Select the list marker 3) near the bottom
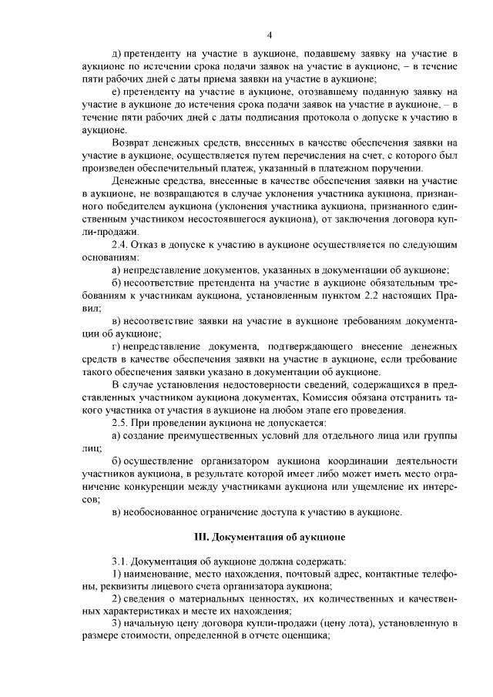[x=117, y=623]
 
